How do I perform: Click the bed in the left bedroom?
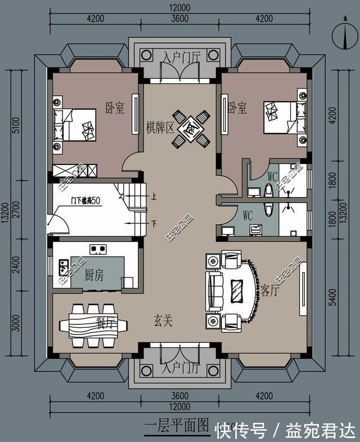(x=74, y=124)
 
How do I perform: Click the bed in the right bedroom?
(x=284, y=118)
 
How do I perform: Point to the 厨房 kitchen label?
(x=94, y=275)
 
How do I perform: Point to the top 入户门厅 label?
(x=180, y=57)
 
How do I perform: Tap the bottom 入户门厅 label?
(x=180, y=369)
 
